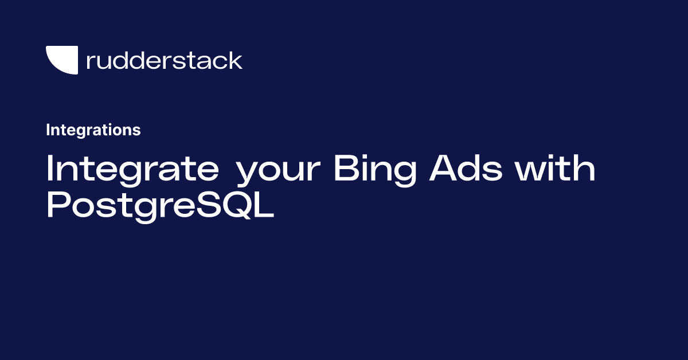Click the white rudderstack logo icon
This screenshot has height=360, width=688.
pos(61,60)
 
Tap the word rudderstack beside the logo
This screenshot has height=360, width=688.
pos(164,60)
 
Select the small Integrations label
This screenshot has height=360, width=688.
pos(93,130)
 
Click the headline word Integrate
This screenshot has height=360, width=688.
pos(132,170)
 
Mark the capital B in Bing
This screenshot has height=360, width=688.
pos(346,170)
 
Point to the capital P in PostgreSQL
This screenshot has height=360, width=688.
pos(58,205)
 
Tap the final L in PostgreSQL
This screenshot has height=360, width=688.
pos(263,205)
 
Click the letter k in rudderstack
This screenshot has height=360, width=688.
pos(236,60)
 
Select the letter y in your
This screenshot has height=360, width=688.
pos(247,174)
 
